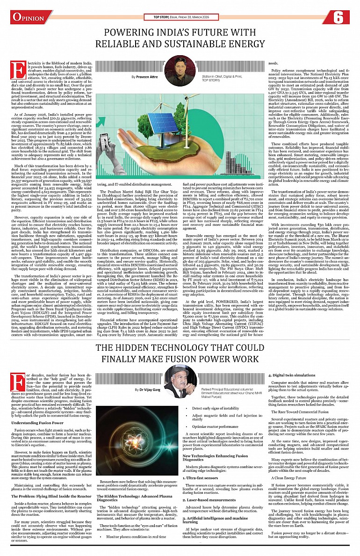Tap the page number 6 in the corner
[339, 17]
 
